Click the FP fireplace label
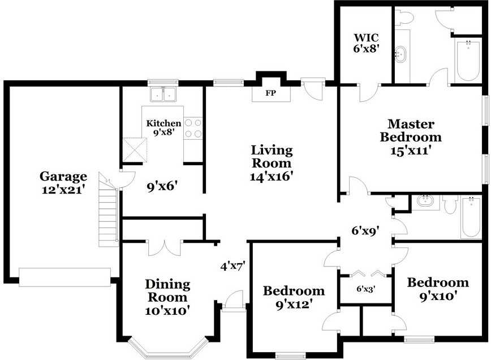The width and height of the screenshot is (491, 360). tap(271, 93)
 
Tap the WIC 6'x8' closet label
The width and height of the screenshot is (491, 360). tap(366, 43)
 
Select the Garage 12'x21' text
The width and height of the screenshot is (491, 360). tap(63, 182)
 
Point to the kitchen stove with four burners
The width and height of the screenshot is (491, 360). tap(193, 128)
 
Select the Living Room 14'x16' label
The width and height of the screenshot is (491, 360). tap(272, 162)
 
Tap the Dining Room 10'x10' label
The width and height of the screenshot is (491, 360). tap(167, 297)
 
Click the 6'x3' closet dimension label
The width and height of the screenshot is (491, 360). tap(365, 289)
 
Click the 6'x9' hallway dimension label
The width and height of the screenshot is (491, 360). tap(365, 230)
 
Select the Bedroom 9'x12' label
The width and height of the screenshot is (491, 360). tap(294, 297)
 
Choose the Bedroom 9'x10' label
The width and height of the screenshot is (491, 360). tap(438, 288)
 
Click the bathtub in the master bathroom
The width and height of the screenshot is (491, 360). tap(468, 61)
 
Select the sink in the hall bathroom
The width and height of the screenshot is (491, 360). tap(424, 201)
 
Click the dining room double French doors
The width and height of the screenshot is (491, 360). tap(164, 247)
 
